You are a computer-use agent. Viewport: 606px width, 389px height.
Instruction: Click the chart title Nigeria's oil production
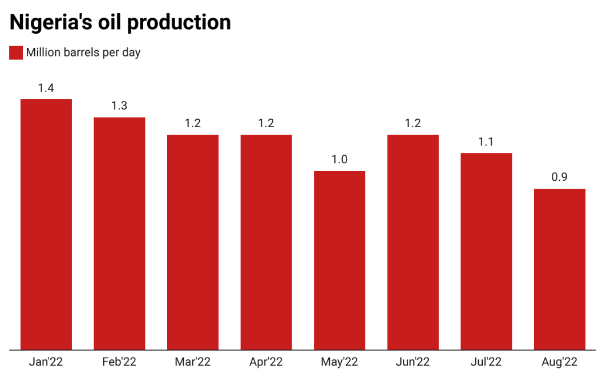(120, 22)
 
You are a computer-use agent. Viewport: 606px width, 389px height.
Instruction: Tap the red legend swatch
(16, 52)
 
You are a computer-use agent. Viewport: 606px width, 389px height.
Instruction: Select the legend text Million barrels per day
(83, 52)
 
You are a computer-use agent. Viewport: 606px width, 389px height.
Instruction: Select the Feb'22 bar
(119, 233)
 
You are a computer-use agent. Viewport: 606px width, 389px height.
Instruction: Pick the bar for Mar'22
(193, 242)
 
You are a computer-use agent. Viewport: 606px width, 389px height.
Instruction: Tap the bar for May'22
(340, 260)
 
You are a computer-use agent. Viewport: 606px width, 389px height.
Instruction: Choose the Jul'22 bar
(486, 251)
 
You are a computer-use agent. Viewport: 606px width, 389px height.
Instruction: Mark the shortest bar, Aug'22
(560, 269)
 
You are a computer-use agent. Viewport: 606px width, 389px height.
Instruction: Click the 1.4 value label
(46, 88)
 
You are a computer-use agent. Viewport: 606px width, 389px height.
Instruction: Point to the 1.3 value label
(119, 106)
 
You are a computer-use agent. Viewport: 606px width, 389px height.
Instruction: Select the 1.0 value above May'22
(340, 160)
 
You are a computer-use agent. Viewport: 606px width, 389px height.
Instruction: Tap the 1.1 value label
(486, 142)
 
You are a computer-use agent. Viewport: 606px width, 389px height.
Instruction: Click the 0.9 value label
(560, 177)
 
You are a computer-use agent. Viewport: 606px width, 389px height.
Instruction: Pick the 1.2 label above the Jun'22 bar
(413, 124)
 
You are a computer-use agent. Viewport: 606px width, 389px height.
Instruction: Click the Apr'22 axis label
(266, 362)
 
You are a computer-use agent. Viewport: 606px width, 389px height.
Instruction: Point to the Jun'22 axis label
(413, 362)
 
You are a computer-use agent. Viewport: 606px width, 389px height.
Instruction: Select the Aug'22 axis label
(560, 362)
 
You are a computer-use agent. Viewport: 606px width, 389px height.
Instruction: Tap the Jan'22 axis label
(46, 362)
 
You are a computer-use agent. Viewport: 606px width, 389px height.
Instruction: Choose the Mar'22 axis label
(193, 362)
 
